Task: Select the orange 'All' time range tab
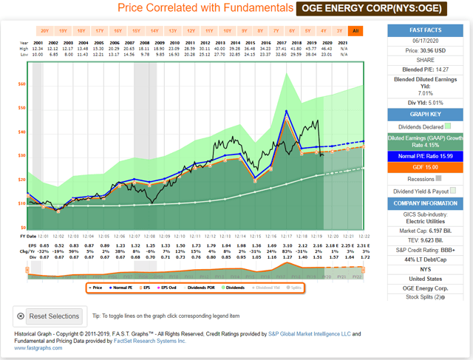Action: [356, 31]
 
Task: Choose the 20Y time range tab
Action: [45, 31]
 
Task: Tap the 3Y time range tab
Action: [339, 31]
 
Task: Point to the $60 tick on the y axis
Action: [21, 84]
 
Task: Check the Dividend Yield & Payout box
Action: [454, 190]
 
